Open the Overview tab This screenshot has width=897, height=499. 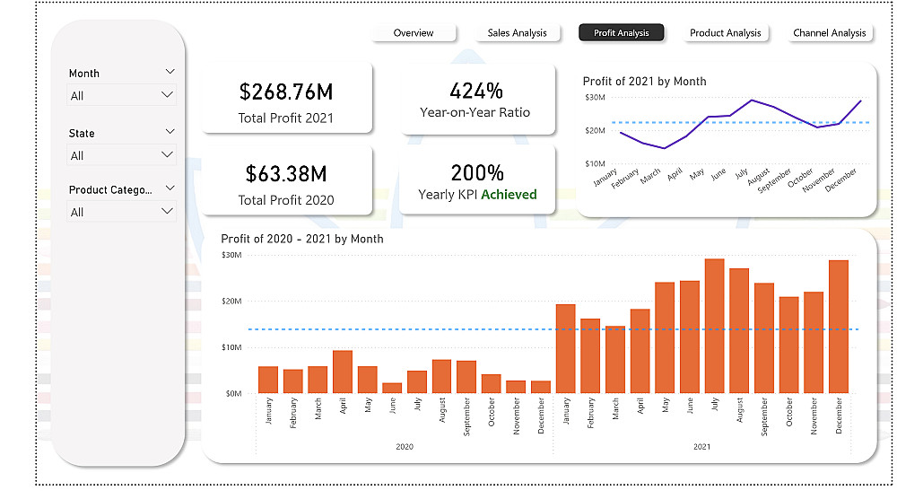pyautogui.click(x=414, y=32)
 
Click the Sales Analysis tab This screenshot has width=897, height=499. pyautogui.click(x=518, y=32)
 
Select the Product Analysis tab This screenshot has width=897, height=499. pyautogui.click(x=726, y=32)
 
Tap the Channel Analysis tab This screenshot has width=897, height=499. pyautogui.click(x=830, y=32)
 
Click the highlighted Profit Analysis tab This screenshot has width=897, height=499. pyautogui.click(x=622, y=32)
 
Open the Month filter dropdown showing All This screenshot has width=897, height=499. pyautogui.click(x=121, y=95)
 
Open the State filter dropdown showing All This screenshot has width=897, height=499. pyautogui.click(x=121, y=155)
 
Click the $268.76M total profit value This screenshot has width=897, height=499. pyautogui.click(x=286, y=92)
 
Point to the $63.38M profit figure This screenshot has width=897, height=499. pyautogui.click(x=286, y=173)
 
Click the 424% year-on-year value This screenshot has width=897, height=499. pyautogui.click(x=476, y=91)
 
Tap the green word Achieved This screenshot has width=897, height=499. pyautogui.click(x=509, y=195)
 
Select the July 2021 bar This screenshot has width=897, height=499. pyautogui.click(x=715, y=326)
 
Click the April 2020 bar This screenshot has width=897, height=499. pyautogui.click(x=343, y=372)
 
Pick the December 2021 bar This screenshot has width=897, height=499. pyautogui.click(x=839, y=327)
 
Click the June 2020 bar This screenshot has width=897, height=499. pyautogui.click(x=392, y=388)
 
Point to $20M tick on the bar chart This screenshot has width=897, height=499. pyautogui.click(x=231, y=301)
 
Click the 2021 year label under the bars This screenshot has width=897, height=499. pyautogui.click(x=702, y=446)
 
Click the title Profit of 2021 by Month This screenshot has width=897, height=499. pyautogui.click(x=644, y=82)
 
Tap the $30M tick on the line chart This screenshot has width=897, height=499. pyautogui.click(x=595, y=97)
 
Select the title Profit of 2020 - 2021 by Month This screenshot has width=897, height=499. pyautogui.click(x=302, y=239)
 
